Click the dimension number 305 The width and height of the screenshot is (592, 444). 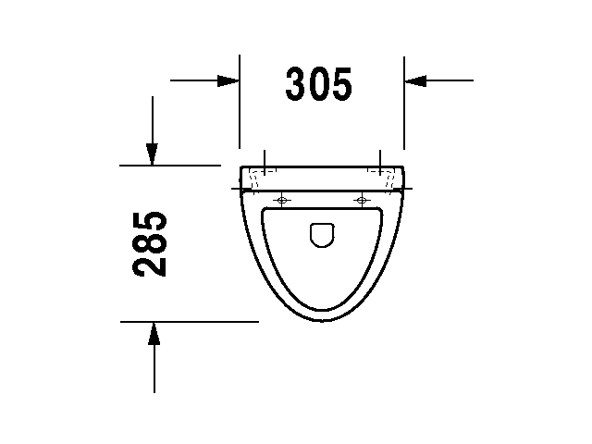319,84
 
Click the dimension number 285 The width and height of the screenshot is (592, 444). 150,244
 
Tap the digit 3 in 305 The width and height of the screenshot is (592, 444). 297,84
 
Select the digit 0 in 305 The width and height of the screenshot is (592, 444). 319,84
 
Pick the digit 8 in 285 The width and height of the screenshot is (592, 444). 150,244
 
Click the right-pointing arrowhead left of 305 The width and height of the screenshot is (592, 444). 229,80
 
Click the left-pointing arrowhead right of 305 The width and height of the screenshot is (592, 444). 414,80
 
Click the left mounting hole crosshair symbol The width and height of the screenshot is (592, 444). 283,200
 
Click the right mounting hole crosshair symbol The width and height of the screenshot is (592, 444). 361,200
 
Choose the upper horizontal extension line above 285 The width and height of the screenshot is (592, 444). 176,166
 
